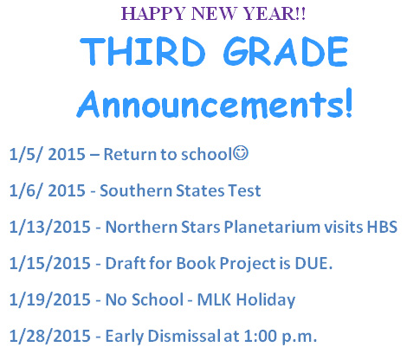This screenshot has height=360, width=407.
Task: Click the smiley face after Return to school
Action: tap(241, 153)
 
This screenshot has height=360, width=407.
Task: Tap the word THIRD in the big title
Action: tap(143, 51)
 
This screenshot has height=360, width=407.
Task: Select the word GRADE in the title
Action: tap(286, 51)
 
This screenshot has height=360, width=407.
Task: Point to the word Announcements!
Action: tap(215, 104)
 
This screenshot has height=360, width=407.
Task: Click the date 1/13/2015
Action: tap(50, 227)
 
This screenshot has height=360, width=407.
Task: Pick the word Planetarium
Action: tap(272, 227)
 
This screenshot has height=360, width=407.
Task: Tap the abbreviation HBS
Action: tap(382, 227)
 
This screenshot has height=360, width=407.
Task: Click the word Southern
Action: tap(136, 190)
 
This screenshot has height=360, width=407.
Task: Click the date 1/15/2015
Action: tap(50, 263)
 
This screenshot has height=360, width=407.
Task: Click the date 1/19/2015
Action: tap(50, 299)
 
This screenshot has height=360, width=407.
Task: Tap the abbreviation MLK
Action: tap(214, 299)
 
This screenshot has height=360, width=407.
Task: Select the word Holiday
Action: tap(266, 300)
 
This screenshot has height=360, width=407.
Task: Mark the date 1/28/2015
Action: tap(50, 336)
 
